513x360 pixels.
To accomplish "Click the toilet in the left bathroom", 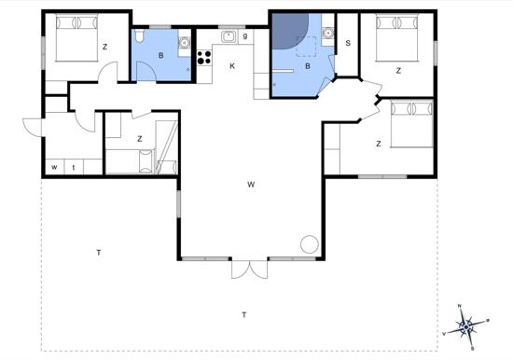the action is (139, 36).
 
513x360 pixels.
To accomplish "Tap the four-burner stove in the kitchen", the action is (204, 57).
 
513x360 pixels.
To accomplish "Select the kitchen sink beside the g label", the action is (229, 35).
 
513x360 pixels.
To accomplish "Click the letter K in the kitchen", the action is (232, 66).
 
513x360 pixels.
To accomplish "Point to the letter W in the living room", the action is (251, 185).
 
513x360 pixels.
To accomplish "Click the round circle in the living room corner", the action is (309, 244).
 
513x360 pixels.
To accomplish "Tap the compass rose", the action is (465, 327).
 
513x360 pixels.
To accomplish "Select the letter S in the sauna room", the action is (348, 43).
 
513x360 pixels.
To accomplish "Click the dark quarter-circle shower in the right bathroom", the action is (288, 30).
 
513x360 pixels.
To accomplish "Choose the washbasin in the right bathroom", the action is (327, 33).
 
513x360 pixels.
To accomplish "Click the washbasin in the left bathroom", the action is (185, 43).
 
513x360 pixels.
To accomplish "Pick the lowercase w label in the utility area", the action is (54, 167).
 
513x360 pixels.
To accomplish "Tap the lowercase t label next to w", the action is (74, 168).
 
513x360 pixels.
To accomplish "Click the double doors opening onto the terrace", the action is (250, 269).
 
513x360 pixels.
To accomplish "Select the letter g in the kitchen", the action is (245, 36).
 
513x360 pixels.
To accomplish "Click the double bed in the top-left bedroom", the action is (76, 37).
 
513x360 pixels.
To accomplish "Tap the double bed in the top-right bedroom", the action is (397, 37).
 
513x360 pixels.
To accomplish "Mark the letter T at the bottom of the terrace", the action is (244, 315).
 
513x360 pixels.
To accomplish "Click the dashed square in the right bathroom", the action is (307, 47).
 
